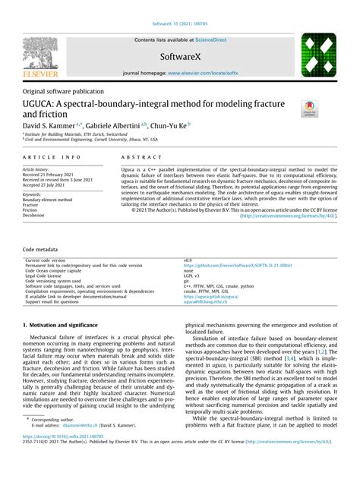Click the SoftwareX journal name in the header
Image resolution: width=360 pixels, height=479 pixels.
click(180, 57)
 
